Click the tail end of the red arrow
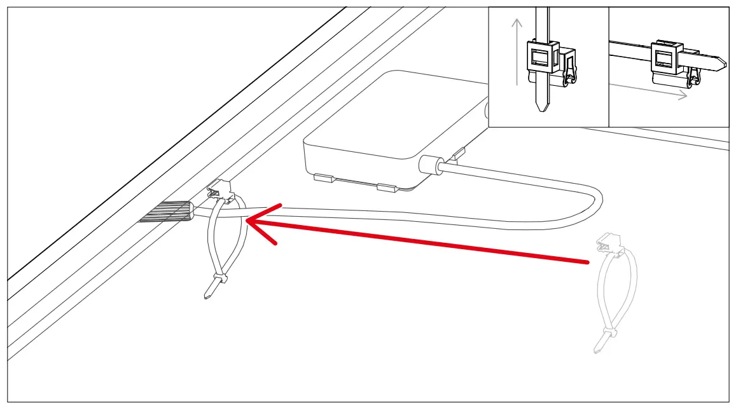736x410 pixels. [x=587, y=261]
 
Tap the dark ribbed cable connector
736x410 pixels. [x=167, y=212]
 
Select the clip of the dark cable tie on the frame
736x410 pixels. [x=219, y=189]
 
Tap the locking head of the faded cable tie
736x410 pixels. [x=611, y=334]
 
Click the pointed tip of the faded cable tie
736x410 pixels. [x=597, y=350]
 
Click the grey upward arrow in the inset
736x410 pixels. [x=517, y=51]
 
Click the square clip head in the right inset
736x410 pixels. [x=666, y=58]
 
